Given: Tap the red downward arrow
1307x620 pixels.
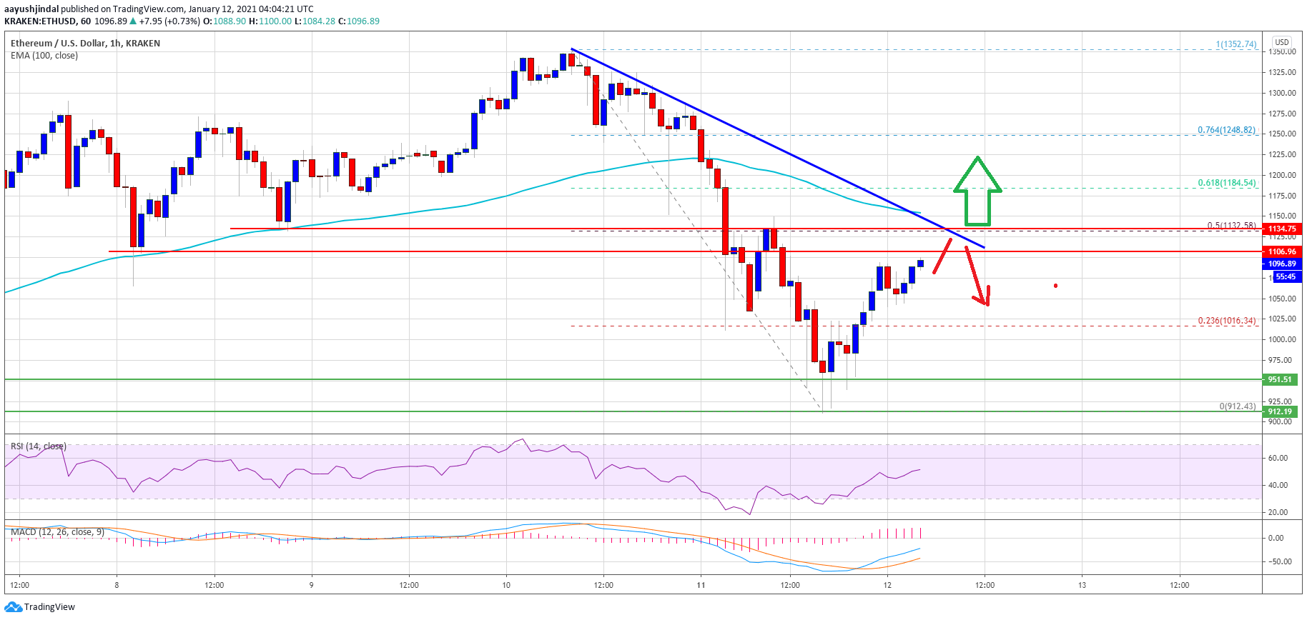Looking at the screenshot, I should coord(977,276).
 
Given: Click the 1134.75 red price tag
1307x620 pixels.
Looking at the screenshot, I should coord(1281,229).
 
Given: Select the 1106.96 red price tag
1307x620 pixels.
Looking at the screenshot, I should coord(1281,251).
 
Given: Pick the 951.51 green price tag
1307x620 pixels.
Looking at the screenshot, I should coord(1280,379).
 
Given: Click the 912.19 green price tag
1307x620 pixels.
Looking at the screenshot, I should coord(1280,411).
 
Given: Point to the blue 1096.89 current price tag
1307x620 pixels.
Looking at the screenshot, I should coord(1282,264).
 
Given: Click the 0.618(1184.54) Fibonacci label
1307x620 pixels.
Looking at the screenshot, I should coord(1226,183).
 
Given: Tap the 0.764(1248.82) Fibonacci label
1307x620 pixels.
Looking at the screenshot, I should coord(1226,130).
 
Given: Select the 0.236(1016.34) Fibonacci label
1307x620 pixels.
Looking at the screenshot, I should coord(1226,321).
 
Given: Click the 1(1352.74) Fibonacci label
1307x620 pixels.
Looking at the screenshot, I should coord(1236,44).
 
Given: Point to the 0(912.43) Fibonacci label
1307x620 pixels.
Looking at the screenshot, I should coord(1237,406).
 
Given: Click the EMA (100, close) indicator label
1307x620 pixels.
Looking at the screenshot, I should coord(44,56).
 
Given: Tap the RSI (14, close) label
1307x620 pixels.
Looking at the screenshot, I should coord(39,446).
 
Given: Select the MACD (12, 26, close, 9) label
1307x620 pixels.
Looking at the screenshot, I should coord(57,532).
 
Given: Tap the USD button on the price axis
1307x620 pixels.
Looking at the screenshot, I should coord(1282,42).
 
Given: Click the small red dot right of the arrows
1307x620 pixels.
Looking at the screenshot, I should coord(1055,286).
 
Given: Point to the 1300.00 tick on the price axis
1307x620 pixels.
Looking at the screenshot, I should coord(1283,93).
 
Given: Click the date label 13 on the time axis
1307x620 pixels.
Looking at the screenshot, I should coord(1082,585).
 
